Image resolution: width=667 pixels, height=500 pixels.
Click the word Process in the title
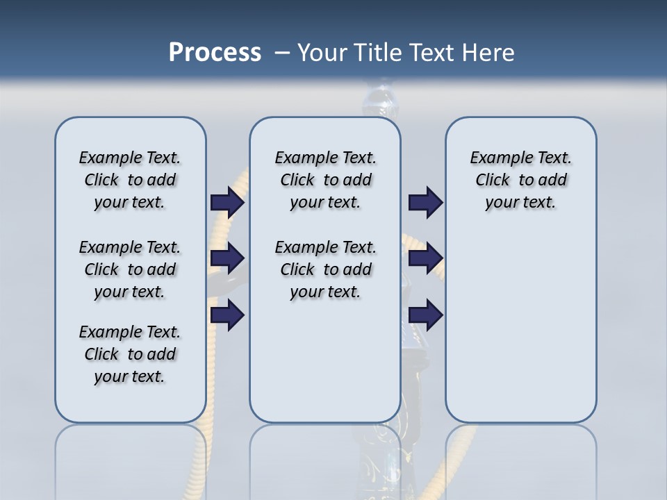click(215, 53)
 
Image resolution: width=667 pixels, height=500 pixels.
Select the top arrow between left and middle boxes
click(227, 202)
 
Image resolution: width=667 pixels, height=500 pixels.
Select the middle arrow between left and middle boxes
click(227, 258)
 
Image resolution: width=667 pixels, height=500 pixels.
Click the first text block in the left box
click(130, 180)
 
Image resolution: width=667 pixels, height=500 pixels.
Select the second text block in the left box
click(130, 269)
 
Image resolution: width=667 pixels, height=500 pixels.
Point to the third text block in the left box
click(130, 354)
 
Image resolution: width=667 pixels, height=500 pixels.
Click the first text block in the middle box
click(325, 180)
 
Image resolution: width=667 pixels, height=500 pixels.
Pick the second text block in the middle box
click(325, 269)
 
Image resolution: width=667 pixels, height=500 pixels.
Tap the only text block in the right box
click(520, 180)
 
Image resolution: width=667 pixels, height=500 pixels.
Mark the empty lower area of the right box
click(520, 326)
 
